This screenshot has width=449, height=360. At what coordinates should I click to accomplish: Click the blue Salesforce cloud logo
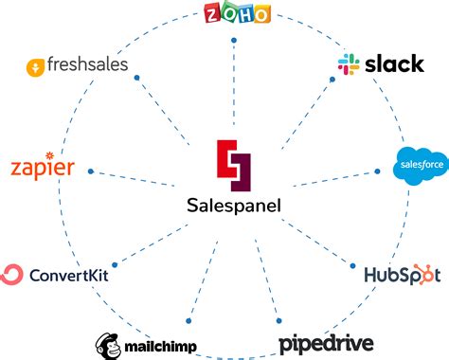pyautogui.click(x=420, y=165)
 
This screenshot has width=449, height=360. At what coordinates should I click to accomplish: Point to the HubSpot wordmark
pyautogui.click(x=403, y=275)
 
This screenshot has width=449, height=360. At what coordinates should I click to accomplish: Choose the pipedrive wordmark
pyautogui.click(x=326, y=342)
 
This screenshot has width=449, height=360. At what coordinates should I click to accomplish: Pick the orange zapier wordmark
pyautogui.click(x=42, y=168)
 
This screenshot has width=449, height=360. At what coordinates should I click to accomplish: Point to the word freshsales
pyautogui.click(x=87, y=67)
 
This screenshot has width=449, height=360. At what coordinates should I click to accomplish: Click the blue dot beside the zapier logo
pyautogui.click(x=90, y=171)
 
